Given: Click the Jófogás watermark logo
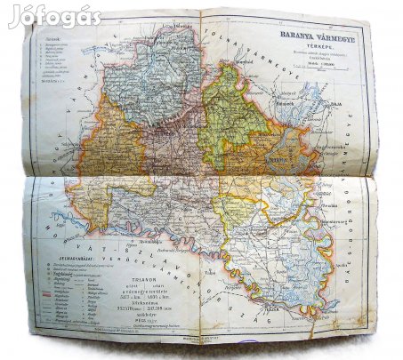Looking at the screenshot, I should coord(54,16).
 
